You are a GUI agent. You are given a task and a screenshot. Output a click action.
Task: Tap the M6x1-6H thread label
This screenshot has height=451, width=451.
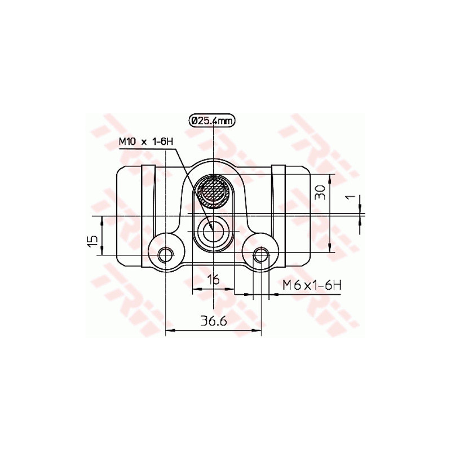coord(312,285)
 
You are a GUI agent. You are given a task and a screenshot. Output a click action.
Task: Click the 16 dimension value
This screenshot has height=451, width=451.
coord(213,278)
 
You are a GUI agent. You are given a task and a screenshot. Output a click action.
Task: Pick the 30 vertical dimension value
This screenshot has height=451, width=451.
coord(320,193)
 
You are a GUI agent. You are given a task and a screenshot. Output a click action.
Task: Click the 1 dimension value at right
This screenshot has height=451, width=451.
coord(350,197)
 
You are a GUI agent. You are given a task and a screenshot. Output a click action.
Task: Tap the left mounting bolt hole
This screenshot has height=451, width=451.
coord(165,255)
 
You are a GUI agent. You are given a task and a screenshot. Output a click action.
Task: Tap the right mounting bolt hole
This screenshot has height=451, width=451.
coord(261,255)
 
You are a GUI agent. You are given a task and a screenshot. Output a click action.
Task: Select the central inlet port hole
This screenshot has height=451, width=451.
coord(213,231)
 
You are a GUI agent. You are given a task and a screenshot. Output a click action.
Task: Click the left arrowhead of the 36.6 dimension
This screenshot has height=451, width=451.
coord(169,331)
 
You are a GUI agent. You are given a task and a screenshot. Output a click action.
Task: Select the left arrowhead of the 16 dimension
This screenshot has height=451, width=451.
coord(196,289)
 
